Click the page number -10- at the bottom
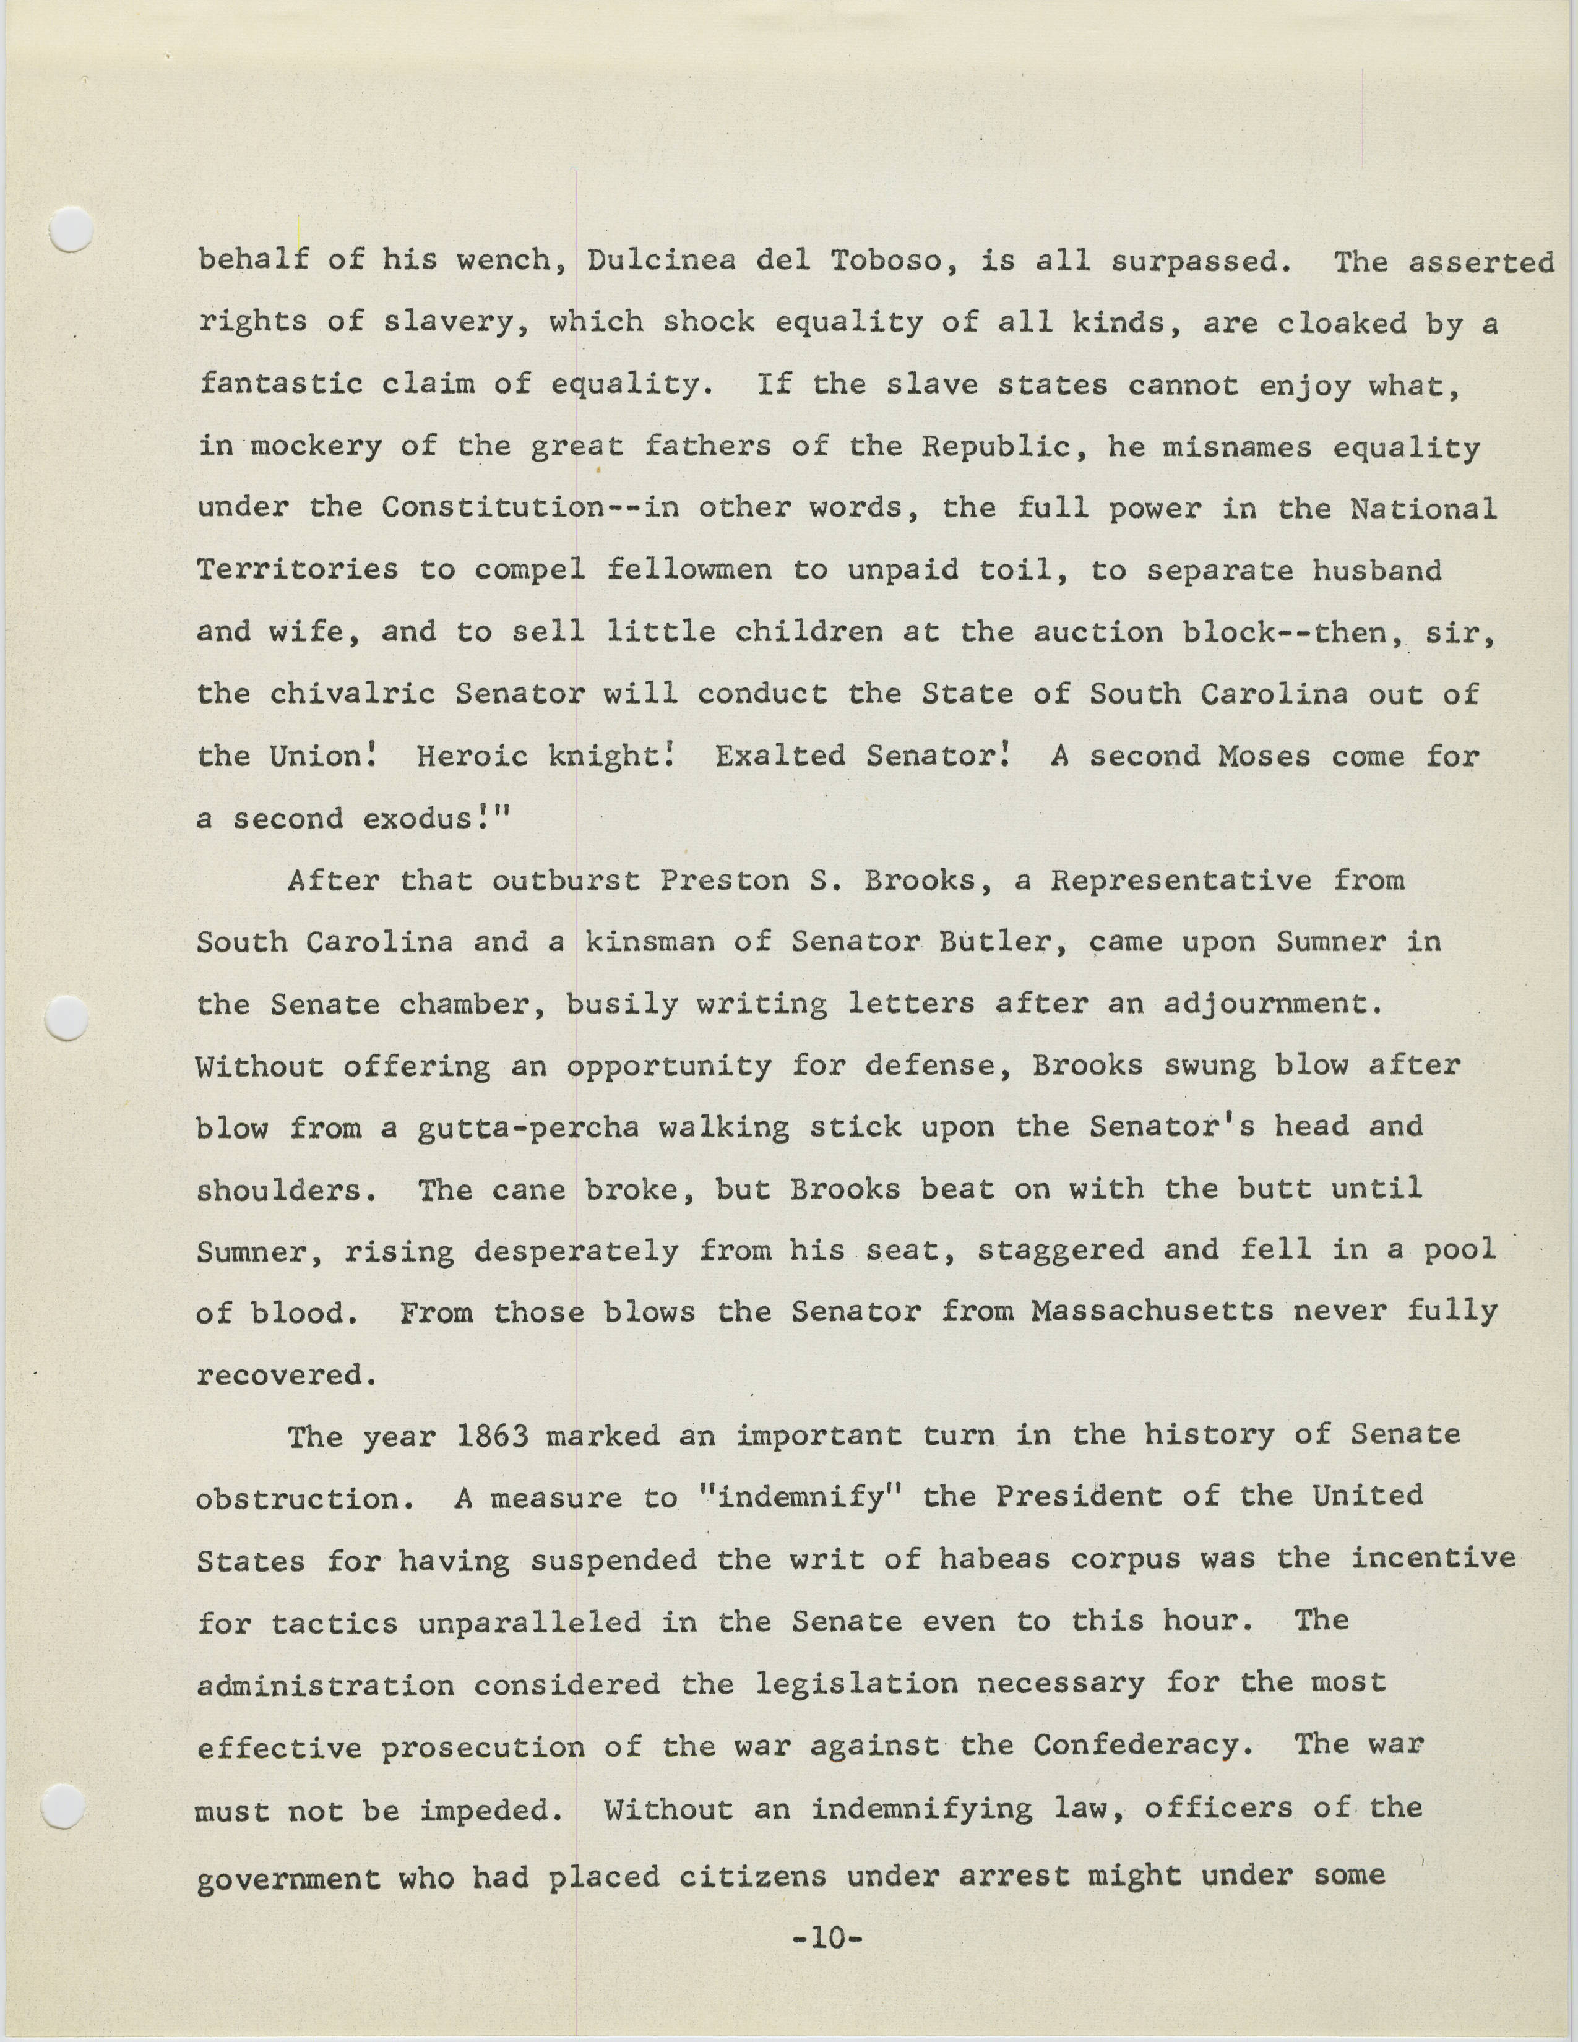tap(826, 1938)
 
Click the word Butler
tap(1012, 942)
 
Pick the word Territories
tap(297, 571)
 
